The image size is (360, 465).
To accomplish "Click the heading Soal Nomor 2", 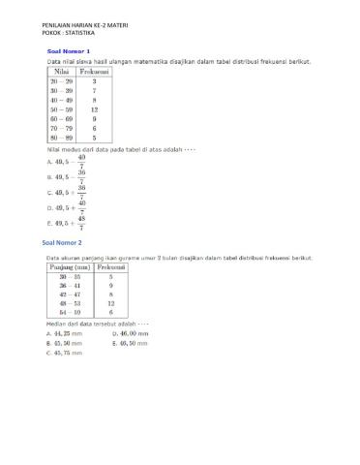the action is pyautogui.click(x=63, y=242).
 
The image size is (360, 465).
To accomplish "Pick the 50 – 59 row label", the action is pyautogui.click(x=61, y=109).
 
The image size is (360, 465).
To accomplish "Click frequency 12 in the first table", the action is pyautogui.click(x=94, y=109).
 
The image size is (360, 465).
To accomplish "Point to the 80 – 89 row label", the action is pyautogui.click(x=61, y=139).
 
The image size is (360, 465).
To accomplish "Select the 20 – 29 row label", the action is pyautogui.click(x=61, y=82).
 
